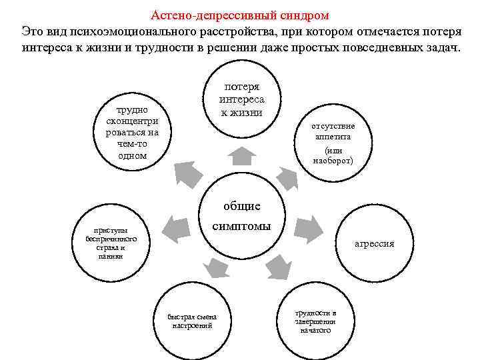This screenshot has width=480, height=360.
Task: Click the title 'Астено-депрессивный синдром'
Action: click(240, 14)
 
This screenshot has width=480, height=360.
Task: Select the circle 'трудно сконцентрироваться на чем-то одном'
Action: click(132, 133)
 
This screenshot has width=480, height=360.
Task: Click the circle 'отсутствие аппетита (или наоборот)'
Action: click(333, 144)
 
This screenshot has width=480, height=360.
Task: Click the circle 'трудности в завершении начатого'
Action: click(316, 321)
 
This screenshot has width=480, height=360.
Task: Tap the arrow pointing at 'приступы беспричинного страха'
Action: click(175, 226)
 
